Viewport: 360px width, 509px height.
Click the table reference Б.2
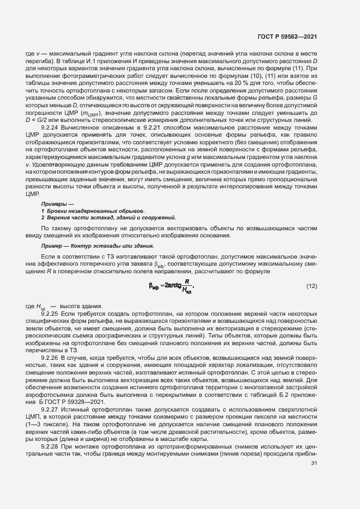[275, 393]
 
